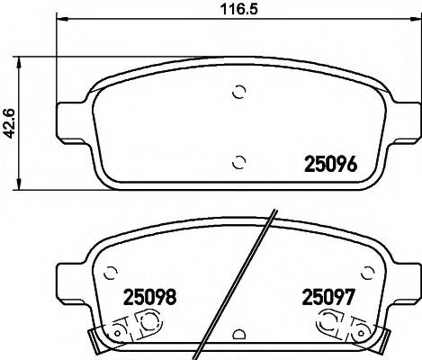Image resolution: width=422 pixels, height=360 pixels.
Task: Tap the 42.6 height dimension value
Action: [x=11, y=124]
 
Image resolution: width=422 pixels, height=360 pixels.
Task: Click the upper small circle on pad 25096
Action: [x=238, y=91]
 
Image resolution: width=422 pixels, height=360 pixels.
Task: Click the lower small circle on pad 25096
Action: [x=238, y=162]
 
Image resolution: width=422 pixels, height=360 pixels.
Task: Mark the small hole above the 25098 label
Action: [x=112, y=271]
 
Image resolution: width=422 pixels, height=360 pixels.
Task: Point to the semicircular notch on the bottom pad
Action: [x=238, y=335]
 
